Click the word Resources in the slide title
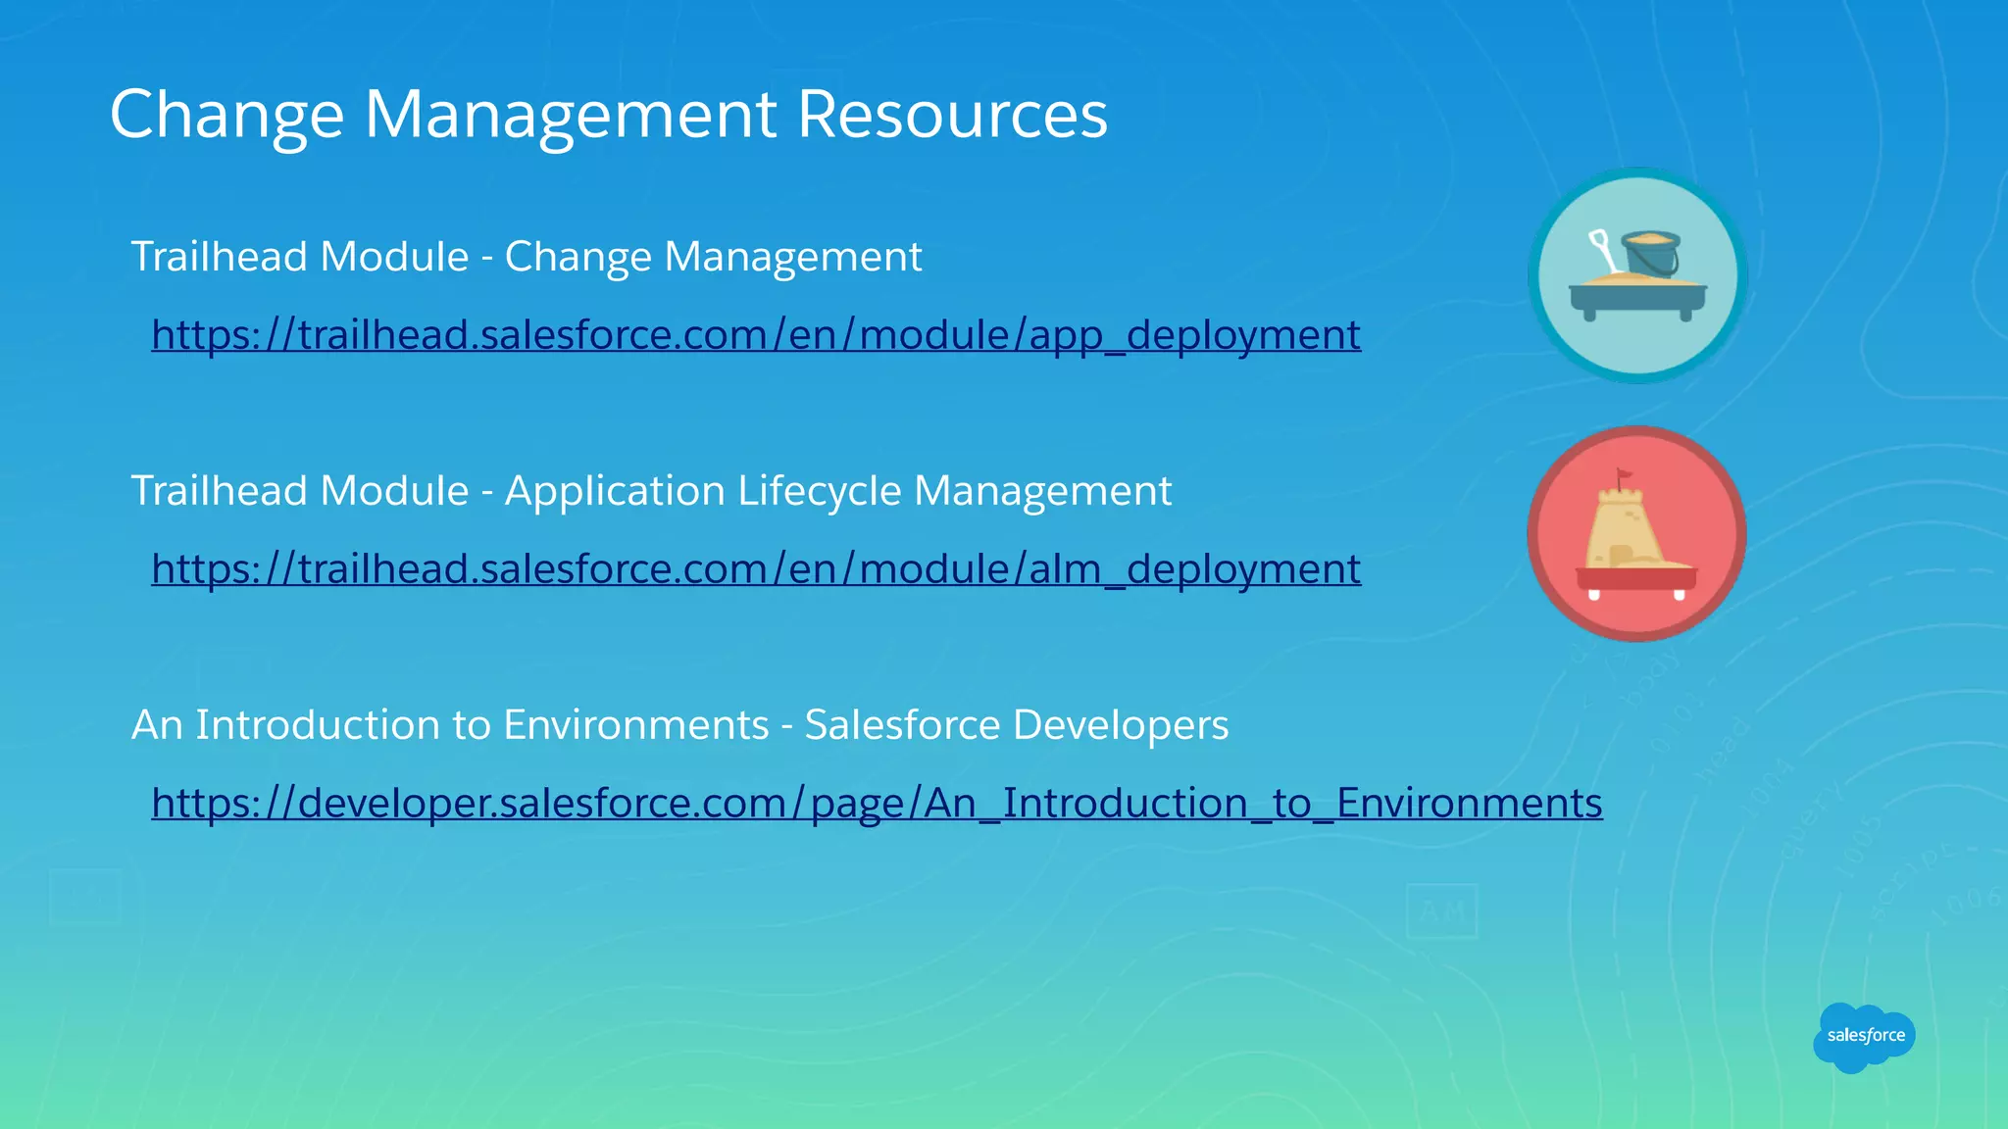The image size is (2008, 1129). (952, 115)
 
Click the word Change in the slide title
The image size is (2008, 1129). (226, 115)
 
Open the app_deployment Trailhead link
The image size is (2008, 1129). (756, 335)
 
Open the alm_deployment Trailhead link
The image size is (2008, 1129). (756, 569)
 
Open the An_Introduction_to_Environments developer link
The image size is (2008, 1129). (877, 804)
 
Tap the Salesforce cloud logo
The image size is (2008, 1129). (1864, 1036)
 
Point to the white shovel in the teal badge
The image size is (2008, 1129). (1604, 251)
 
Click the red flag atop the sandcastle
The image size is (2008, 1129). (1625, 476)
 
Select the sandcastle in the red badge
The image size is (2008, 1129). (1628, 529)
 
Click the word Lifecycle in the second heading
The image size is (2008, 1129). (819, 491)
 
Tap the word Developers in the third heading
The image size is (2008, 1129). (1120, 725)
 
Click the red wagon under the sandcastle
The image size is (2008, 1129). (1636, 579)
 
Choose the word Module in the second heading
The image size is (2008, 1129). (394, 491)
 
